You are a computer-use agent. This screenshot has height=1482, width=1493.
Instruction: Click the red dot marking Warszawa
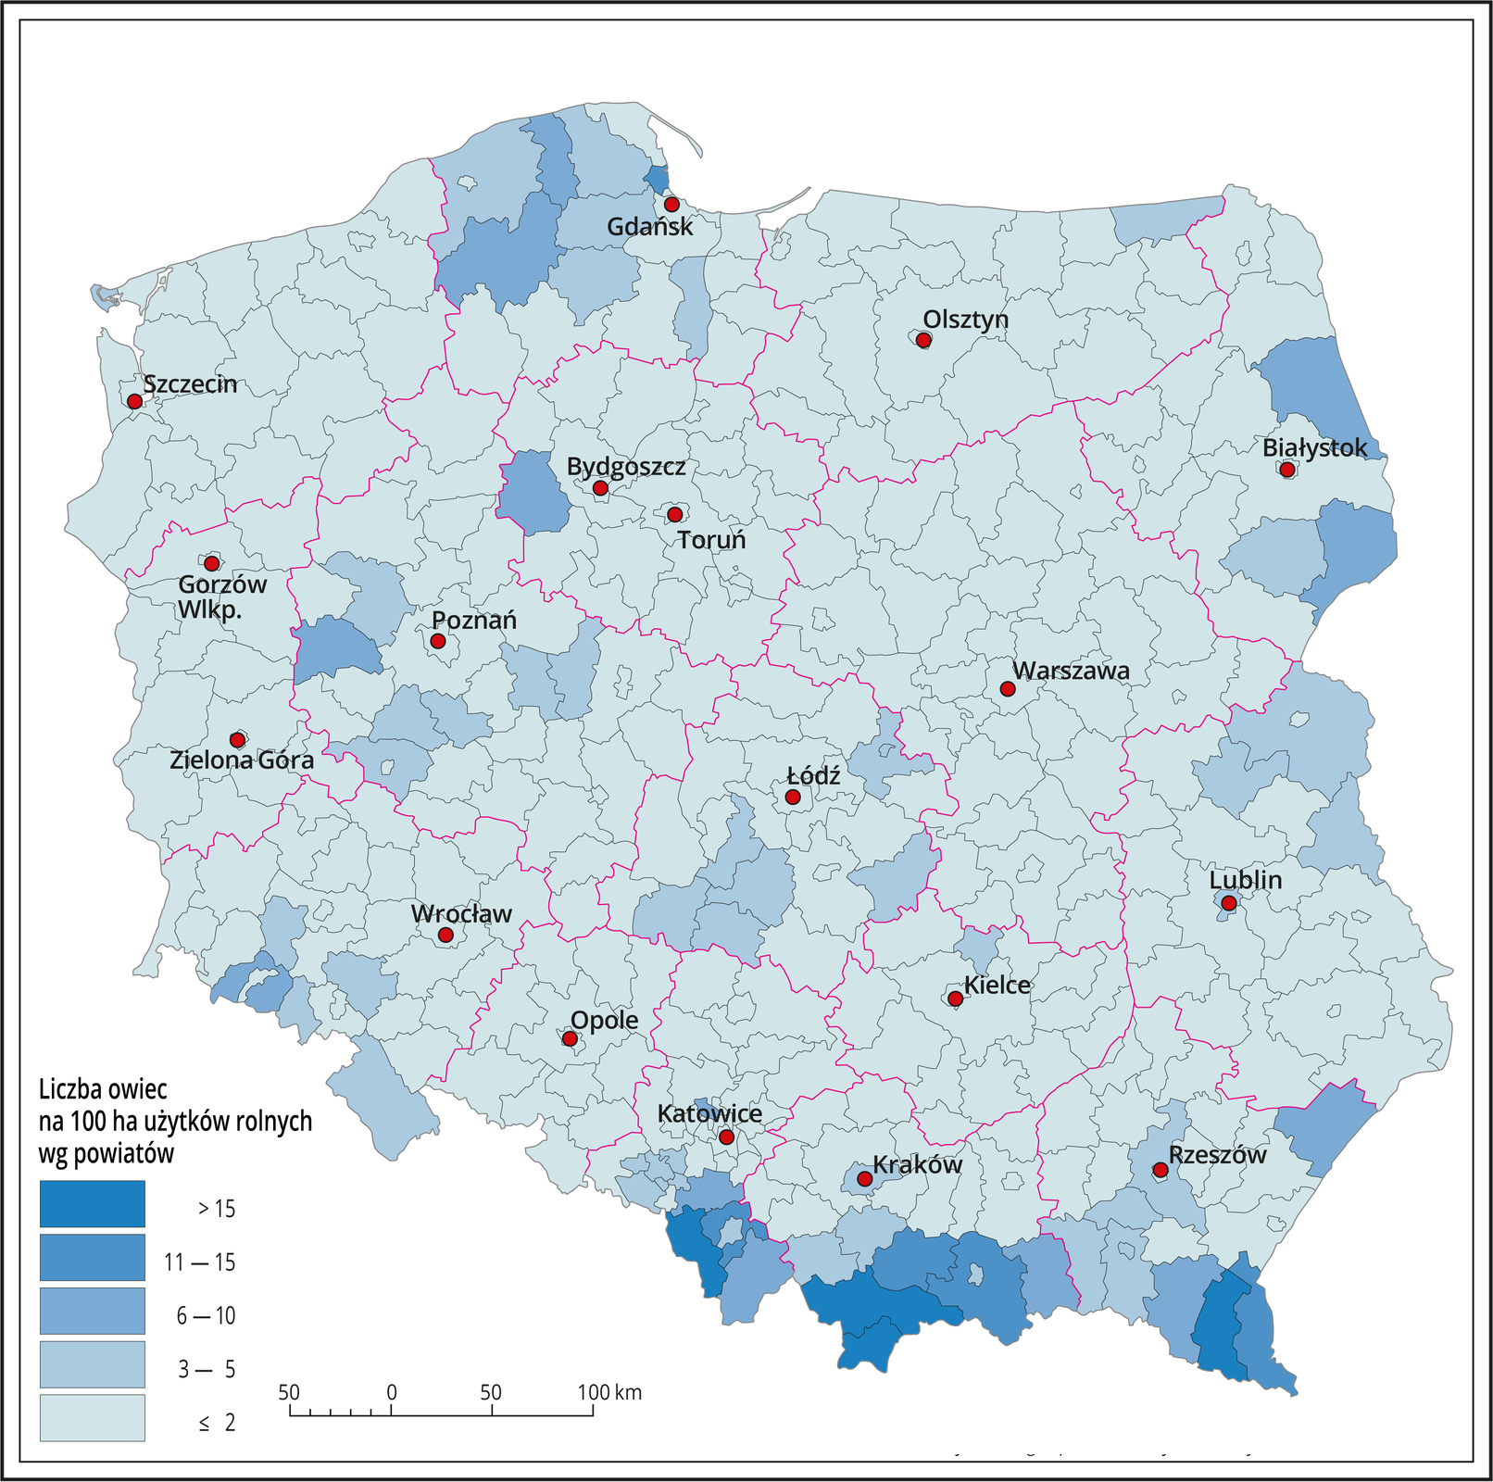1008,689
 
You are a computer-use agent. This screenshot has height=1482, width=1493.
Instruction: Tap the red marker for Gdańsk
671,205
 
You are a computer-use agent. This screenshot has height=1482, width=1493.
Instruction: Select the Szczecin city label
190,384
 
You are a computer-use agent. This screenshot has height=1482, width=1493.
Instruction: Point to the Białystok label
1314,448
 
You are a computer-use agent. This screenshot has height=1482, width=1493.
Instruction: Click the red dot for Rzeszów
1160,1170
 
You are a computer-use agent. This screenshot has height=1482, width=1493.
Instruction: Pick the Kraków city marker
864,1179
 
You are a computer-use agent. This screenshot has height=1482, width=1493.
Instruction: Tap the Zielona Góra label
242,760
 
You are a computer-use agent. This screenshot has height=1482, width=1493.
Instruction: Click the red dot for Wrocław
445,936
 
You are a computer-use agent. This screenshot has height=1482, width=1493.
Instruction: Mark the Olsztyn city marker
923,340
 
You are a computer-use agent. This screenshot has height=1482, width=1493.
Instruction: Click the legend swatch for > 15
92,1204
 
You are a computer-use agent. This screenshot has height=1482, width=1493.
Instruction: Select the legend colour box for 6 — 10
92,1311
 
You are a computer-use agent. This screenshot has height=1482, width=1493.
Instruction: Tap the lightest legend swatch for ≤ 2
92,1418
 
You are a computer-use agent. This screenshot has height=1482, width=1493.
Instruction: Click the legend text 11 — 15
199,1262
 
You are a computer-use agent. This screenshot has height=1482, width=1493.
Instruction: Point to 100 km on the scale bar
608,1392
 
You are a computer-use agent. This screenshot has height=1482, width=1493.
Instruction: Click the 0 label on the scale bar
392,1392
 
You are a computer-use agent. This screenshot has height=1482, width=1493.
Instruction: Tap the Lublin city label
1246,880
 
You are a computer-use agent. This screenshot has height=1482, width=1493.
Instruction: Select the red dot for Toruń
674,514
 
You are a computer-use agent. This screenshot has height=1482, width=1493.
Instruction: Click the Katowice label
709,1113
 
